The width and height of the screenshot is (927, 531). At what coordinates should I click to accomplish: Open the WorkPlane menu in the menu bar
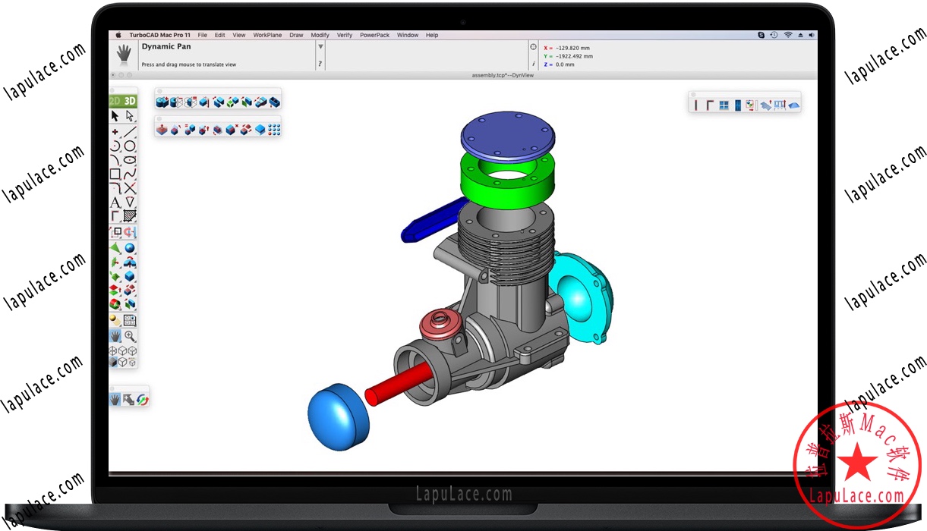pyautogui.click(x=267, y=35)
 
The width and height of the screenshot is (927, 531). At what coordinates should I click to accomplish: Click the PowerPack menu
pyautogui.click(x=374, y=35)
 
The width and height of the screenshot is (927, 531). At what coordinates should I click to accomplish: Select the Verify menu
pyautogui.click(x=344, y=35)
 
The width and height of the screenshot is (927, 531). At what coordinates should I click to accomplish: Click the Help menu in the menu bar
pyautogui.click(x=432, y=35)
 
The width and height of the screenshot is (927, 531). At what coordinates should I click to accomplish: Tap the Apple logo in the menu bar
pyautogui.click(x=118, y=35)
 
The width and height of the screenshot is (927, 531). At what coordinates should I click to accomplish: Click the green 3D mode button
pyautogui.click(x=130, y=101)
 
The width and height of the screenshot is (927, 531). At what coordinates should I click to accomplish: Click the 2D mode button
pyautogui.click(x=115, y=101)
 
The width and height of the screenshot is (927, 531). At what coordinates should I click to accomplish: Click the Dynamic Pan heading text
pyautogui.click(x=166, y=47)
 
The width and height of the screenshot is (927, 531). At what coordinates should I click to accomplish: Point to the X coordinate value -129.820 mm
pyautogui.click(x=572, y=48)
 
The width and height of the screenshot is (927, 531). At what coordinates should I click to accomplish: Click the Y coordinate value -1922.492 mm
pyautogui.click(x=574, y=56)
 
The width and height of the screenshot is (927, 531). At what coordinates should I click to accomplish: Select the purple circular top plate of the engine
pyautogui.click(x=507, y=134)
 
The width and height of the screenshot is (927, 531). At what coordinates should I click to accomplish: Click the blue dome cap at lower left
pyautogui.click(x=338, y=419)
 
